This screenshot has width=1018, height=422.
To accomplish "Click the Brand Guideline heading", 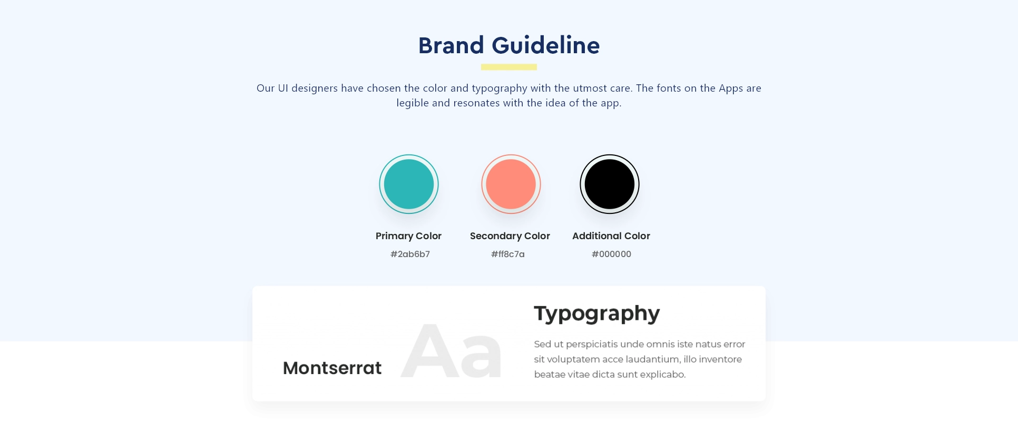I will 509,45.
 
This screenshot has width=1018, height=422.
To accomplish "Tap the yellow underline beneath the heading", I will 509,67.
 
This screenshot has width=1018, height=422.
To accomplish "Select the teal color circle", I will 409,184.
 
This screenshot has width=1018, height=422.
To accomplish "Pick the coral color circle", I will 511,184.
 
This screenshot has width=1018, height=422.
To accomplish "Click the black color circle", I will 610,184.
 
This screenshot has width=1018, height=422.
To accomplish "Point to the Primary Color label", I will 408,236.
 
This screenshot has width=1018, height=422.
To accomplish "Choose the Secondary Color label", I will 510,236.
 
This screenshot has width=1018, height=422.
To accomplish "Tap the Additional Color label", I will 611,236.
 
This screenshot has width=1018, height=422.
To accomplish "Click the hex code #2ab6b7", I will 410,254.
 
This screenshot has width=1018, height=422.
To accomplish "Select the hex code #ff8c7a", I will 508,254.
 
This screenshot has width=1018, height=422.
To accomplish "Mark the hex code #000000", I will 611,254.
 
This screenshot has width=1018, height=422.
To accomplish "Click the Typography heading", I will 596,313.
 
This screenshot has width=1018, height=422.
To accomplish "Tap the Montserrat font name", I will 332,368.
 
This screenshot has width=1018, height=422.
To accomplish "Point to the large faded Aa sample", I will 452,351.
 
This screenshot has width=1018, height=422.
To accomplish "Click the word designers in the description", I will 315,88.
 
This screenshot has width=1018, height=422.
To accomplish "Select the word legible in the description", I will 413,103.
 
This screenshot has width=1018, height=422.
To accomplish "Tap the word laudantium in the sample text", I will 652,359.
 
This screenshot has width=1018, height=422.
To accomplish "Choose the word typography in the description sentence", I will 499,88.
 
